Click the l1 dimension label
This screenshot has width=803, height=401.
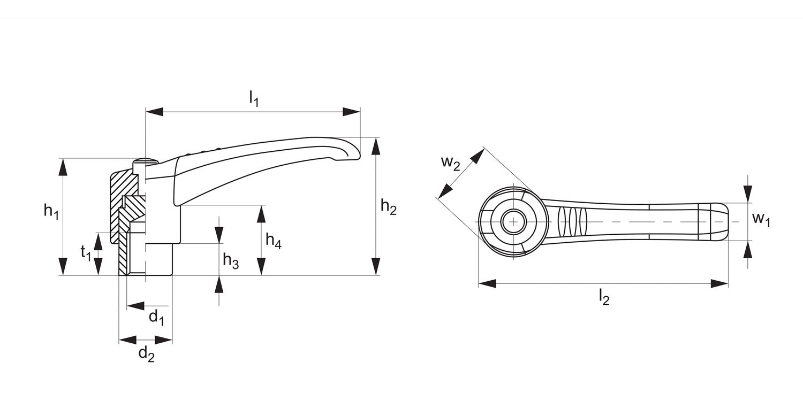point(254,99)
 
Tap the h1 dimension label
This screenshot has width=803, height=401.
point(51,211)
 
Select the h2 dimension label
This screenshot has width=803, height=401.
point(389,206)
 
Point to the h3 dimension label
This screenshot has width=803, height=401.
point(231,261)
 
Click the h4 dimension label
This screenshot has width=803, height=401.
point(274,241)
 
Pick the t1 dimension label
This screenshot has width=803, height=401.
point(86,252)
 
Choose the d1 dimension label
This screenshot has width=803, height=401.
point(156,317)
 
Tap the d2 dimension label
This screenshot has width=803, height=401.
point(146,353)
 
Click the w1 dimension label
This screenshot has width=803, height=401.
point(761,219)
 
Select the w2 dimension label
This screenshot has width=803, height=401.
point(451,163)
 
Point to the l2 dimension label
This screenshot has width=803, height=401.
point(604,297)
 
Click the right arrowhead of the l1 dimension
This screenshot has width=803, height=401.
point(352,112)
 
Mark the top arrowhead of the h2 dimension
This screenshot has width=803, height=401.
point(376,145)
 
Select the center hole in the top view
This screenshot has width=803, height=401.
point(514,221)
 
